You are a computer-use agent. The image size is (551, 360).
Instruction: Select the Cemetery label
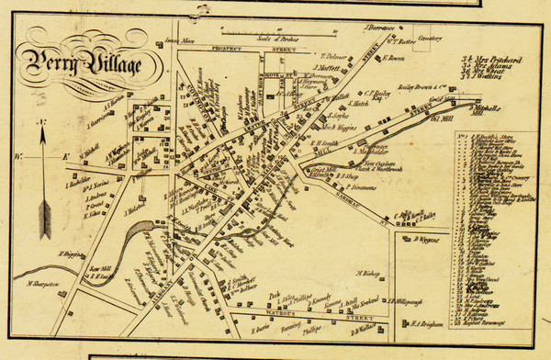click(431, 39)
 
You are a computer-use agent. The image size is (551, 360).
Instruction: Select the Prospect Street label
click(226, 47)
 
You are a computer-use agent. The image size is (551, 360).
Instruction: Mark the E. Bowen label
click(392, 58)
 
